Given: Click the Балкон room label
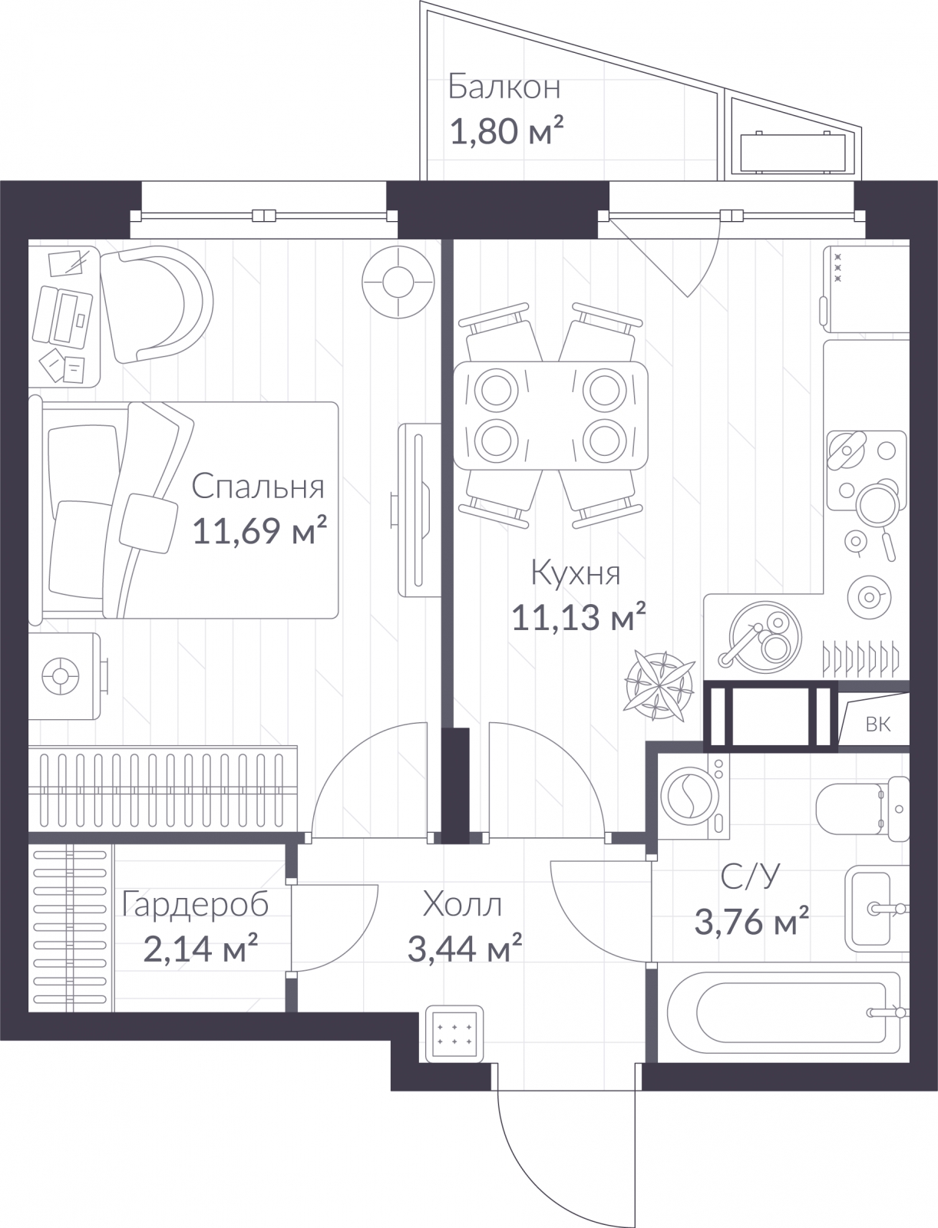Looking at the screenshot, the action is (504, 87).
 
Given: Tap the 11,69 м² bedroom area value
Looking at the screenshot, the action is (259, 530).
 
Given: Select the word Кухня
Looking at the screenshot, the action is (576, 573).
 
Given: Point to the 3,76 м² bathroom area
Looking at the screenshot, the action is (751, 922).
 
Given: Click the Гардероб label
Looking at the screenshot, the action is (195, 906).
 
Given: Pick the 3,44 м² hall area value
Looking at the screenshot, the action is (465, 949).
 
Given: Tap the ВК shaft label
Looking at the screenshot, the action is (877, 725).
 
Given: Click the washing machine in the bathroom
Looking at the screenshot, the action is (694, 797).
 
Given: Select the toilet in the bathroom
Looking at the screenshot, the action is (863, 808).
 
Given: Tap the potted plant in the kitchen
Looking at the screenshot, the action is (661, 685).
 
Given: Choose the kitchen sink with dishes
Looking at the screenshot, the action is (766, 637).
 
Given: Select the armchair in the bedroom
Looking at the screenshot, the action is (156, 305).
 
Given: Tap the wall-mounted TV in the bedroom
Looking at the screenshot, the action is (418, 510).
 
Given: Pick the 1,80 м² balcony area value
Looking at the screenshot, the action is (506, 133).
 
